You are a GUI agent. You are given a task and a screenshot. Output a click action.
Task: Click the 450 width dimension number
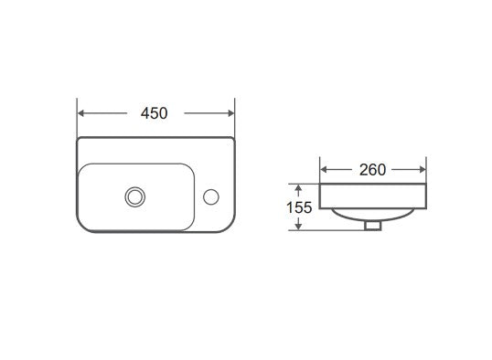pyautogui.click(x=155, y=113)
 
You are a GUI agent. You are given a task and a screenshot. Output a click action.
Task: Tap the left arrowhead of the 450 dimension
pyautogui.click(x=81, y=113)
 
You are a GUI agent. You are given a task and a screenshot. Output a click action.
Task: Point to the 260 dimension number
pyautogui.click(x=372, y=170)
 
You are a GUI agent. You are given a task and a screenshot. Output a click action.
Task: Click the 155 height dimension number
pyautogui.click(x=299, y=207)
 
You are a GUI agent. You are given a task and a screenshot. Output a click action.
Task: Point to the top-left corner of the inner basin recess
pyautogui.click(x=83, y=166)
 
